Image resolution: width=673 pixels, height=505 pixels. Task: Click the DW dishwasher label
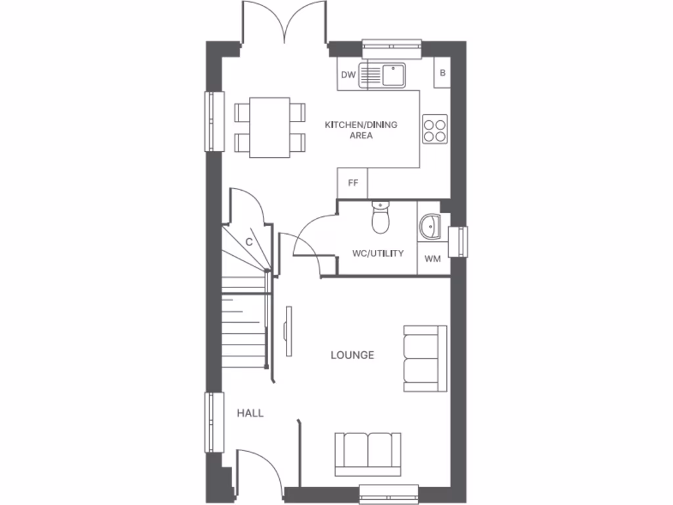pos(348,75)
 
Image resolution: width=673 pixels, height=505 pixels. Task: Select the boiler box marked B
pos(442,73)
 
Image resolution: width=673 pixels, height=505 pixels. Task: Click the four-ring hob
pos(435,129)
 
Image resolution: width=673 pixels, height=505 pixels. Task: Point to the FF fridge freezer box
pos(353,183)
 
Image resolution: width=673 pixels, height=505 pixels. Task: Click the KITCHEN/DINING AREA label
pos(361,130)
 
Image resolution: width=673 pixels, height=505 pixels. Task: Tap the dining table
pos(269,128)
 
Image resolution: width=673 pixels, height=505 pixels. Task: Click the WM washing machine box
pos(432,259)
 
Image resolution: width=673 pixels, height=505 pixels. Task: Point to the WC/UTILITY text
pos(378,253)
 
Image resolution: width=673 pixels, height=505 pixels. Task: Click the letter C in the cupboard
pos(249,242)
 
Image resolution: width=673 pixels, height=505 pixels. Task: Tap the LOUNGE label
pos(352,355)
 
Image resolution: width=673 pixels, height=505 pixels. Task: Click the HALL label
pos(250,413)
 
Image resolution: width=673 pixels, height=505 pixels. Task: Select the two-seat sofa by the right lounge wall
pos(425,358)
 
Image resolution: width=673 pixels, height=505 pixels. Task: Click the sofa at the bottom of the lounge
pos(367,453)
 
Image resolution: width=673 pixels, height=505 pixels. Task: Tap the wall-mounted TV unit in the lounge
pos(288,331)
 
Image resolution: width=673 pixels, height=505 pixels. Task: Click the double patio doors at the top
pos(285,23)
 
